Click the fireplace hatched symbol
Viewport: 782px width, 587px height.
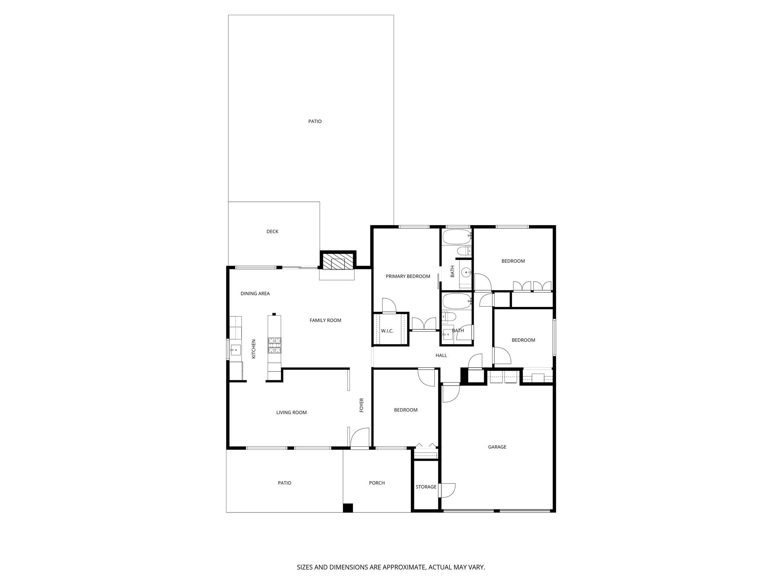click(338, 263)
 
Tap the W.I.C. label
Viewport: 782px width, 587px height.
click(387, 331)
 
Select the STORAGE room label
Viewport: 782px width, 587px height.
click(426, 487)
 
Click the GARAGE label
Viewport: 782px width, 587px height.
click(497, 447)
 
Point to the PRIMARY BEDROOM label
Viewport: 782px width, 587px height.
click(408, 276)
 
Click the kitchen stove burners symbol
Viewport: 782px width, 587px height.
click(274, 345)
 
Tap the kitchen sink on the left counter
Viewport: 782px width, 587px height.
click(235, 349)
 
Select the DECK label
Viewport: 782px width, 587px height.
click(272, 232)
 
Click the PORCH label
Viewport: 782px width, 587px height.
click(376, 483)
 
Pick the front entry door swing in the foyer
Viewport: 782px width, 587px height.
click(360, 438)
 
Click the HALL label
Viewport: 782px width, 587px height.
click(441, 355)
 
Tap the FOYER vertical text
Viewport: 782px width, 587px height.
click(361, 405)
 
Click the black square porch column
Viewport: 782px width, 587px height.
click(347, 508)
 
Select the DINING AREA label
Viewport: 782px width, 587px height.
click(255, 293)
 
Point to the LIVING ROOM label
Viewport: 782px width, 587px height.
click(291, 412)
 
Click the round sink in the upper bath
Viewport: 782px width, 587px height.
click(466, 272)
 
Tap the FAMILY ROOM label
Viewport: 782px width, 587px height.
click(325, 320)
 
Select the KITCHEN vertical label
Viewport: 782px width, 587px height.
click(254, 349)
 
